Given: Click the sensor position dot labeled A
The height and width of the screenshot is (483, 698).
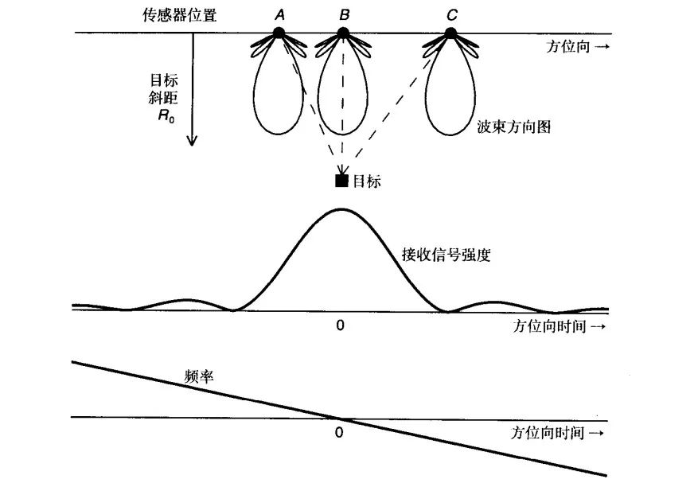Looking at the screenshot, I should coord(279,33).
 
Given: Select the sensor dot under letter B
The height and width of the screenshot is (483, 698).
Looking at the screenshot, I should coord(343,33).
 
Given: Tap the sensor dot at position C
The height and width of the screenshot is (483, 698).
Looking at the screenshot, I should coord(450,33).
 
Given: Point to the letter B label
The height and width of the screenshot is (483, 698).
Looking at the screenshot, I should coord(343,14).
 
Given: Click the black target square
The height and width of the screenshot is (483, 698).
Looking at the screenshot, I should coord(342,181).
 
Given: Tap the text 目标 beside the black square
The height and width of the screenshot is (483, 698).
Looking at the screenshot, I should coord(367,181).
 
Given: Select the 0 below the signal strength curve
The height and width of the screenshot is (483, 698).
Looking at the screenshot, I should coord(340,325).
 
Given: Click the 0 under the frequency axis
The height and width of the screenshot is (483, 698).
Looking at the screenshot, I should coord(340,433).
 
